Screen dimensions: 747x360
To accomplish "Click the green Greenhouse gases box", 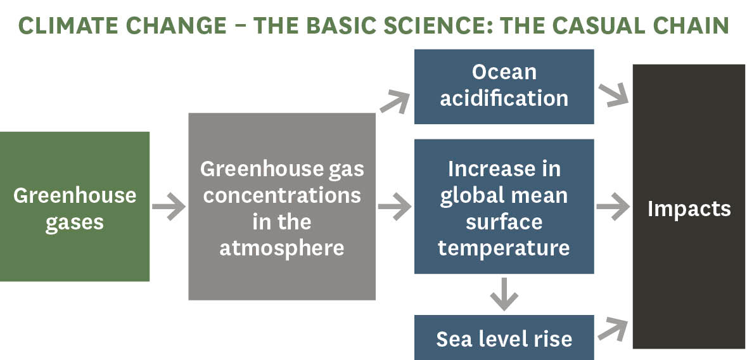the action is (75, 207).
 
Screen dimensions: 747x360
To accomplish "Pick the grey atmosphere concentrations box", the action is (282, 207).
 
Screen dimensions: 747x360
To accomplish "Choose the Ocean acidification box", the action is (504, 86).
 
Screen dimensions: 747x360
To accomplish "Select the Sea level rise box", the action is (504, 338).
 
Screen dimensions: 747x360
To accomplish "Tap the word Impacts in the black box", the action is (689, 209).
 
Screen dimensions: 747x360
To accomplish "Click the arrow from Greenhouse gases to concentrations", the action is (169, 207).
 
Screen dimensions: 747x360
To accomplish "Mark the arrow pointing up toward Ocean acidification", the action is (395, 102).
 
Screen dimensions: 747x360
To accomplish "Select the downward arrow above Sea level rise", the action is (504, 293).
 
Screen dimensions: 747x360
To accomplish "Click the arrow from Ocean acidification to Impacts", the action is (613, 94).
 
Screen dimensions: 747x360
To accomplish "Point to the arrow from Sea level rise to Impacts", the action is (613, 330).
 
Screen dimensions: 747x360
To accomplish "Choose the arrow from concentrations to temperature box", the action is (395, 207).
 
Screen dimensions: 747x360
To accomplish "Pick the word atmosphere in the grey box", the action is (282, 248).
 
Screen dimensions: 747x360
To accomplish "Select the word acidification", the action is (504, 99).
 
